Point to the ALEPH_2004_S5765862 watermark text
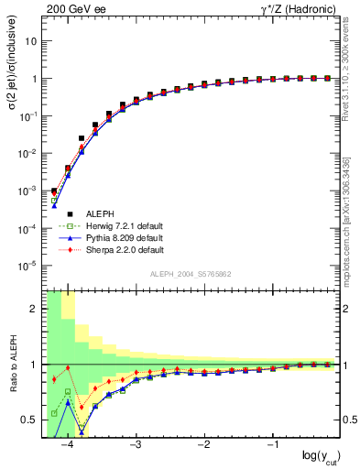point(191,274)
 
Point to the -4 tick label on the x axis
point(65,445)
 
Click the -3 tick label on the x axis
point(135,445)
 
